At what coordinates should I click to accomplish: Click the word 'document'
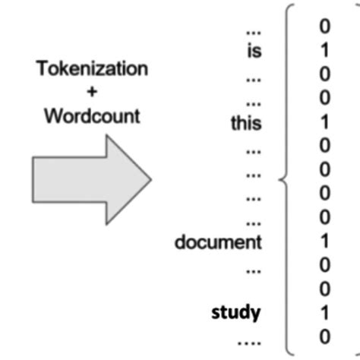(218, 243)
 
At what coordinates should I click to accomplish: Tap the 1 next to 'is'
(325, 50)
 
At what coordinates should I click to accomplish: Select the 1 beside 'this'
(325, 121)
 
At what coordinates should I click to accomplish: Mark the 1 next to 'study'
(325, 311)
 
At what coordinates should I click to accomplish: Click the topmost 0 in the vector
(325, 27)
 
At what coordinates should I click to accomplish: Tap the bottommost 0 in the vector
(325, 334)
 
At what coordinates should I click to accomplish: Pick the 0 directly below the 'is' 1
(325, 74)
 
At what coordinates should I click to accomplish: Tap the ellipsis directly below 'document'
(254, 268)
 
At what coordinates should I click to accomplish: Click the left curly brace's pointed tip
(282, 181)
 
